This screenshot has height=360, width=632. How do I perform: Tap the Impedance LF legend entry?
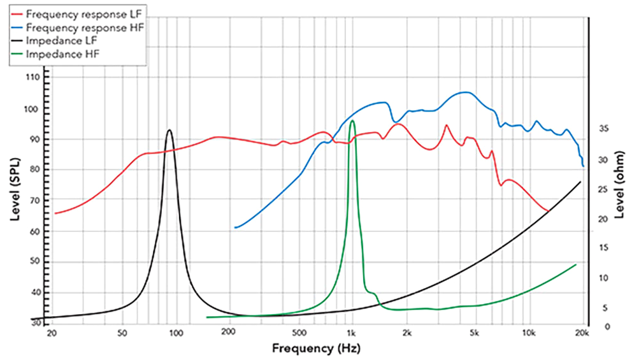61,41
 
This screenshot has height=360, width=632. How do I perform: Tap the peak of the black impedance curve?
169,130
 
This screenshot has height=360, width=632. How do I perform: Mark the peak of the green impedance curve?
352,120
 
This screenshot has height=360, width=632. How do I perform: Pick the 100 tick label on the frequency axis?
176,332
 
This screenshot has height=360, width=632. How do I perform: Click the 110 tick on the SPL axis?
31,78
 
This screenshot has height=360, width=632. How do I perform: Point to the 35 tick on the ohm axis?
604,129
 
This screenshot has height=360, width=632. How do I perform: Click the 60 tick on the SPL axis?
32,232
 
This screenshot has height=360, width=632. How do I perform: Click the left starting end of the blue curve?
235,227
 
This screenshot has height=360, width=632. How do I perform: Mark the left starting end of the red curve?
55,213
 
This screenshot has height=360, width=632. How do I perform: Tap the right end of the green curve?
576,264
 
